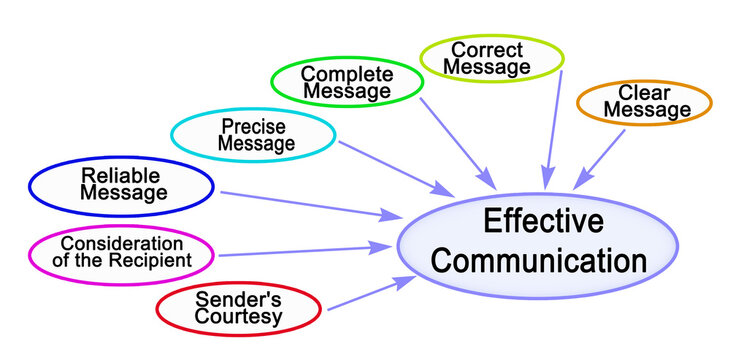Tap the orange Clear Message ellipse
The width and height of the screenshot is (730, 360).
pyautogui.click(x=643, y=102)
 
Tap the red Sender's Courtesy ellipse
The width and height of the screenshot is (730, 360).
pyautogui.click(x=238, y=309)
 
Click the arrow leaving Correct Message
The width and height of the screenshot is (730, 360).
pyautogui.click(x=549, y=130)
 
